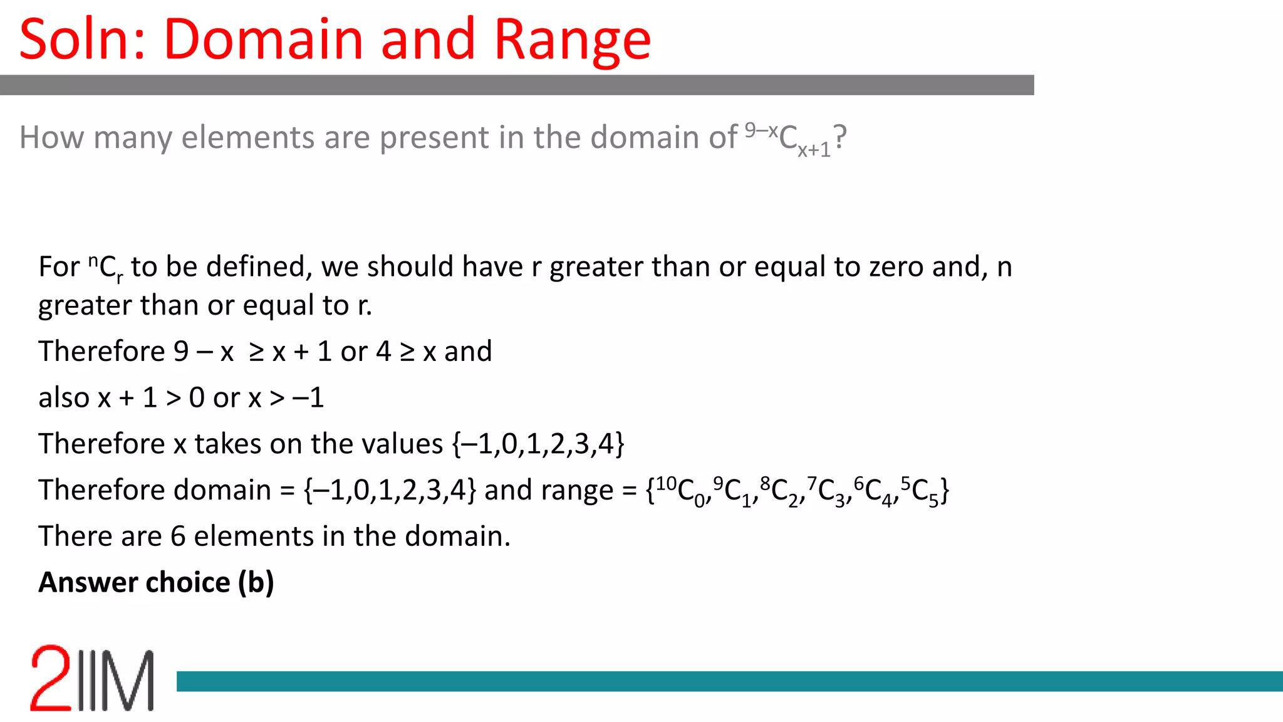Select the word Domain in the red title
[263, 39]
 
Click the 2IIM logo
[92, 678]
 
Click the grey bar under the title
[516, 85]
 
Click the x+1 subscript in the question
[814, 150]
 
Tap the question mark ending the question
[840, 137]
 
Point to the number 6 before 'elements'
[178, 536]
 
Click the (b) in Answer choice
[256, 583]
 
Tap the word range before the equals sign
[579, 491]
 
